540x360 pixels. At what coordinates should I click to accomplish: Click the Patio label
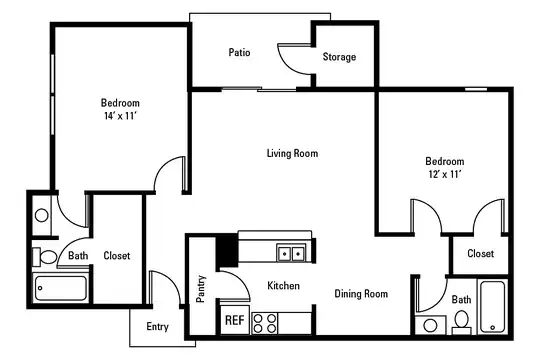coord(239,52)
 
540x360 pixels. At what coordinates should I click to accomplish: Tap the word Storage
coord(339,57)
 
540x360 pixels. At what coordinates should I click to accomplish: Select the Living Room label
coord(292,153)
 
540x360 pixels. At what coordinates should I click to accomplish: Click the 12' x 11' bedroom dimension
coord(445,174)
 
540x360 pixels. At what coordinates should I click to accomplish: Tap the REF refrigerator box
coord(235,320)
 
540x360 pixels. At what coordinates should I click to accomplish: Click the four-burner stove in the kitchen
coord(265,323)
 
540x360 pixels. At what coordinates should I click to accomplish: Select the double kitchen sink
coord(291,254)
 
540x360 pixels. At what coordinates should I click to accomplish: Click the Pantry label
coord(201,289)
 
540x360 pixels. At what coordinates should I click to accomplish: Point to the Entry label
coord(157,326)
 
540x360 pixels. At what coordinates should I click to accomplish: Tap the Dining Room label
coord(361,294)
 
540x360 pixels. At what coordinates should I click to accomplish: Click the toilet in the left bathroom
coord(45,257)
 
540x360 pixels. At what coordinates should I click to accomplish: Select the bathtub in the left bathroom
coord(60,288)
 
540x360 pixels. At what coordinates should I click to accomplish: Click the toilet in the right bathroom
coord(461,322)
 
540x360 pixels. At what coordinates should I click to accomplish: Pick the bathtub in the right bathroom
coord(492,307)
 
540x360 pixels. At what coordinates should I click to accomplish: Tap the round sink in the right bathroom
coord(430,325)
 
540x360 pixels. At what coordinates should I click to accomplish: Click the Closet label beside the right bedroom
coord(480,254)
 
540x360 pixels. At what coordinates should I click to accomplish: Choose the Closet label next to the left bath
coord(117,256)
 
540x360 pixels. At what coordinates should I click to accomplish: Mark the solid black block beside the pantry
coord(227,250)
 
